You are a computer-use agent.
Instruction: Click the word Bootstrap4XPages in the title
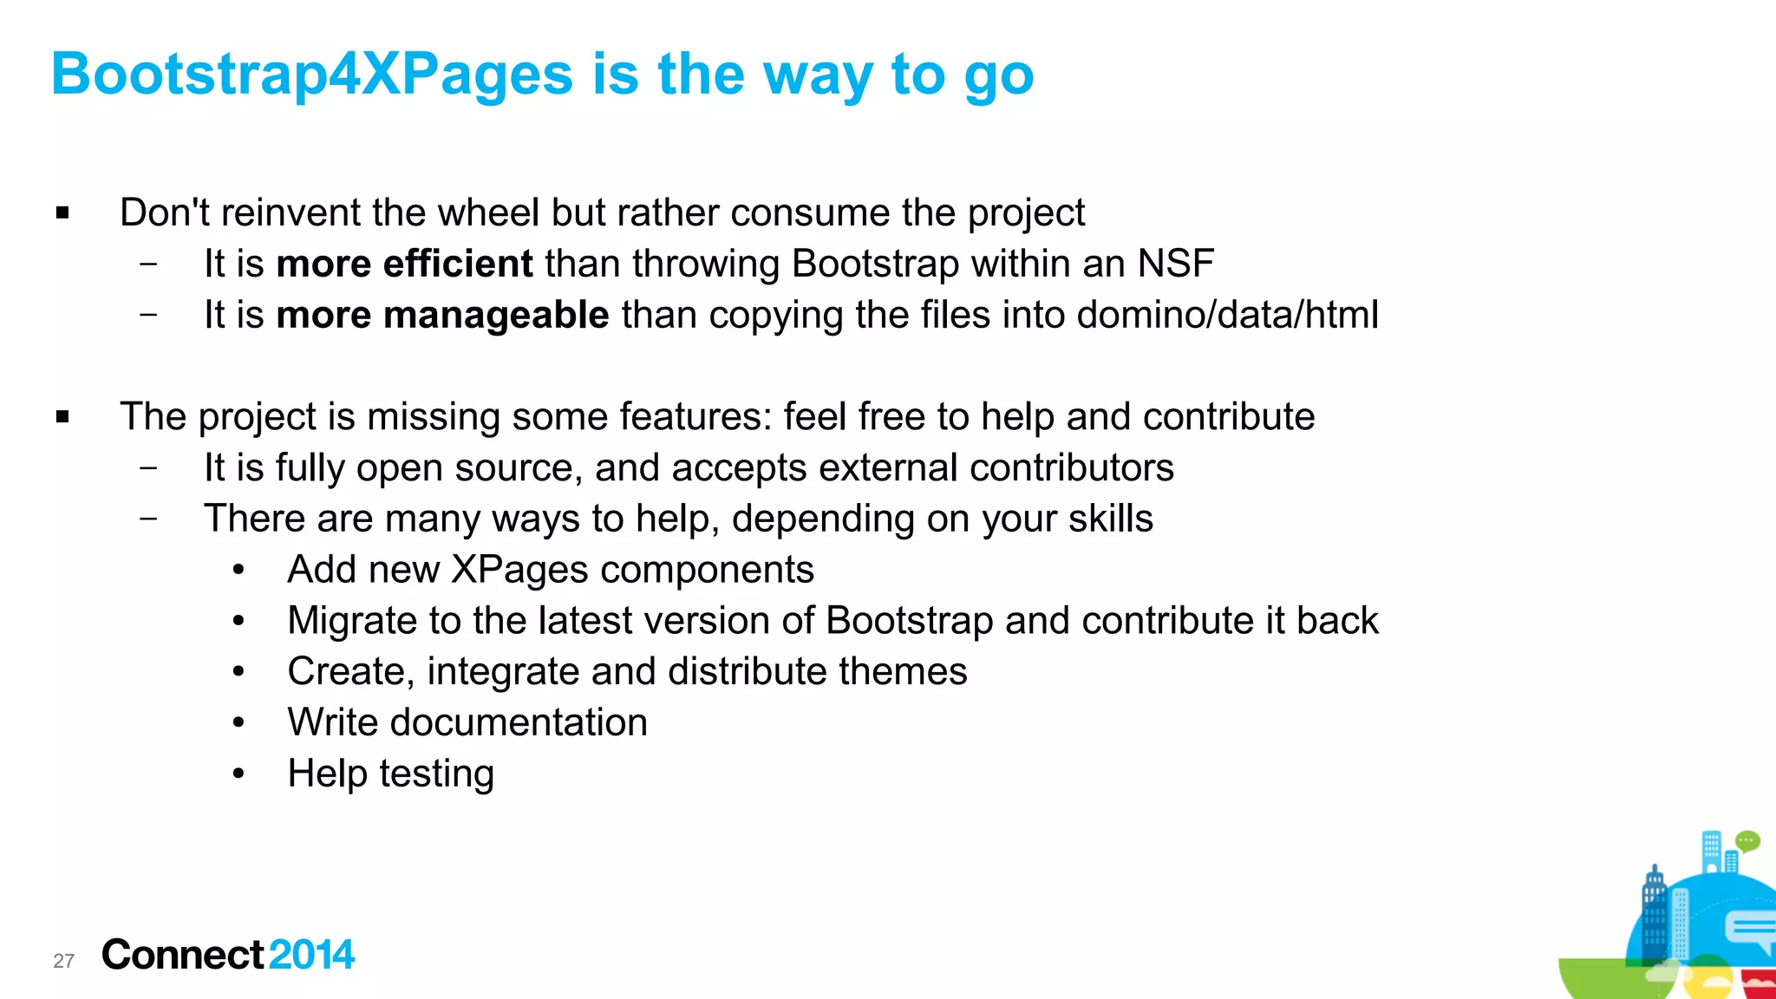pos(312,75)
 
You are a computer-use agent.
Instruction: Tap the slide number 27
pos(63,961)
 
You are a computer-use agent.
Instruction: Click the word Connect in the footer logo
pos(182,955)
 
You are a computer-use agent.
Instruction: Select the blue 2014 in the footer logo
pos(311,955)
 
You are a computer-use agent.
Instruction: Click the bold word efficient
pos(458,264)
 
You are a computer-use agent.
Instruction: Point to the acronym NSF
pos(1175,264)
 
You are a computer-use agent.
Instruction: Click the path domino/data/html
pos(1227,315)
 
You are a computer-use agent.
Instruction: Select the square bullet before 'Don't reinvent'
pos(62,213)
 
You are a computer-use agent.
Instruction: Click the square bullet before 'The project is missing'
pos(62,417)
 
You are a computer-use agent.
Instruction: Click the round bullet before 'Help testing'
pos(238,774)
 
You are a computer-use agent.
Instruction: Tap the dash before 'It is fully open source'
pos(148,468)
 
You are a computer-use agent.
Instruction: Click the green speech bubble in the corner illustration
pos(1747,841)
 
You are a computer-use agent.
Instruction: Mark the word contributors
pos(1071,468)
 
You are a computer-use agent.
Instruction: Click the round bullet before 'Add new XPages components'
pos(238,570)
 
